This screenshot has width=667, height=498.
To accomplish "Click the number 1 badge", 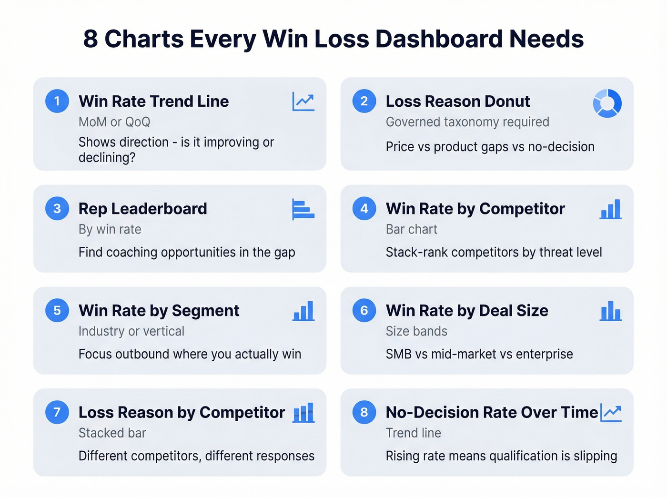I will click(57, 101).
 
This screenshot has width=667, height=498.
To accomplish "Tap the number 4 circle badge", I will click(364, 209).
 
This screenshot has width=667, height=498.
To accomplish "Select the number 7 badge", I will click(57, 412).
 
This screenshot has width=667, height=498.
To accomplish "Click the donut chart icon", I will click(607, 103).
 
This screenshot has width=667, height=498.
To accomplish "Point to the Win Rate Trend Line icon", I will click(303, 102).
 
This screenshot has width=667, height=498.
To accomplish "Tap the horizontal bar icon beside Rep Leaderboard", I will click(303, 210).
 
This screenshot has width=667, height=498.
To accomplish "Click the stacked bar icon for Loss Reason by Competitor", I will click(303, 413).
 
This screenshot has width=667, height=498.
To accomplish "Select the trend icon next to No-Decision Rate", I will click(611, 413).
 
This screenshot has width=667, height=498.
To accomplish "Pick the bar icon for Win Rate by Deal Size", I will click(611, 311).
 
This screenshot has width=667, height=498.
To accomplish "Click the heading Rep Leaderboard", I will click(143, 209).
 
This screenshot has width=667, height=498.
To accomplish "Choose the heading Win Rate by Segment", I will click(159, 311).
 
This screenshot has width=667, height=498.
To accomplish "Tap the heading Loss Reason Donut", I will click(457, 102).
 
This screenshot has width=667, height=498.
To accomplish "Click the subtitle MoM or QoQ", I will click(114, 122).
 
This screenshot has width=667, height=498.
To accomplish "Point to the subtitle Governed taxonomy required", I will click(467, 122).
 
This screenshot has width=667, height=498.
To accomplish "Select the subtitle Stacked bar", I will click(112, 433).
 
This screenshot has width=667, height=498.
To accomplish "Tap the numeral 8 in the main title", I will click(91, 39).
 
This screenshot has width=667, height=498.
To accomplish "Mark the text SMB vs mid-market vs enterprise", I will click(479, 354).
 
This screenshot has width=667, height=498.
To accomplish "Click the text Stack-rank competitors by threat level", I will click(494, 252).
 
